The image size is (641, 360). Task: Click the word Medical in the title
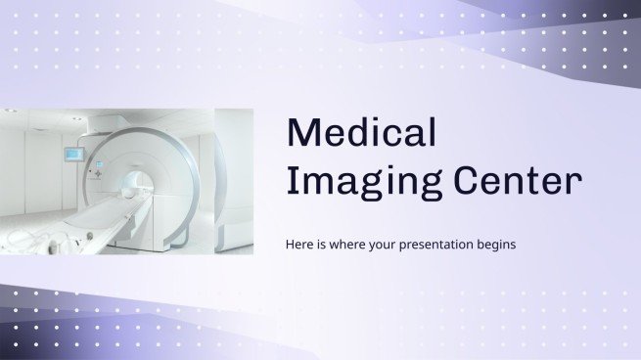(361, 133)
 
